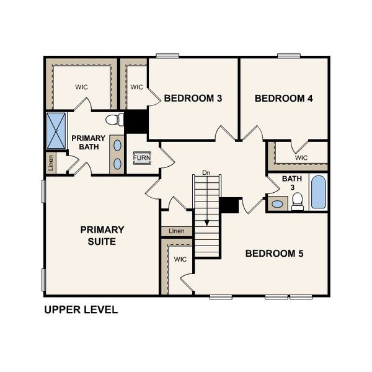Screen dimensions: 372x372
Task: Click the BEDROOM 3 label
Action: pyautogui.click(x=193, y=98)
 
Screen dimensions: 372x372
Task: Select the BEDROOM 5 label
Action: pyautogui.click(x=275, y=253)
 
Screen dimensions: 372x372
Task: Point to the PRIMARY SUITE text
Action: pyautogui.click(x=102, y=235)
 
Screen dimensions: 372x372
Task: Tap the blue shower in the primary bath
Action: pyautogui.click(x=56, y=131)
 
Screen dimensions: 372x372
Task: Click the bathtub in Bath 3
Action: pyautogui.click(x=318, y=192)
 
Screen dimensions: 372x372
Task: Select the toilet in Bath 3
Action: pyautogui.click(x=298, y=200)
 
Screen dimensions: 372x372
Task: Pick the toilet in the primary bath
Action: pyautogui.click(x=114, y=120)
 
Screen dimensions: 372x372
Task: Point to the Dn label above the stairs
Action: pyautogui.click(x=206, y=172)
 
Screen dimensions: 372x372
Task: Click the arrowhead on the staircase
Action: pyautogui.click(x=207, y=223)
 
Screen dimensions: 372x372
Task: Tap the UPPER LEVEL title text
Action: pyautogui.click(x=81, y=309)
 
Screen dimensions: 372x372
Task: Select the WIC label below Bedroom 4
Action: pyautogui.click(x=301, y=157)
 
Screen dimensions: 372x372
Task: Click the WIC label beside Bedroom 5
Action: pyautogui.click(x=180, y=259)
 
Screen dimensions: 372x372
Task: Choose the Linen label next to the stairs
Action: pyautogui.click(x=177, y=231)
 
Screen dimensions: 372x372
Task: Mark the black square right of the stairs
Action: pyautogui.click(x=231, y=206)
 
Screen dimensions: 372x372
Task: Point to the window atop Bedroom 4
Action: pyautogui.click(x=289, y=56)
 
